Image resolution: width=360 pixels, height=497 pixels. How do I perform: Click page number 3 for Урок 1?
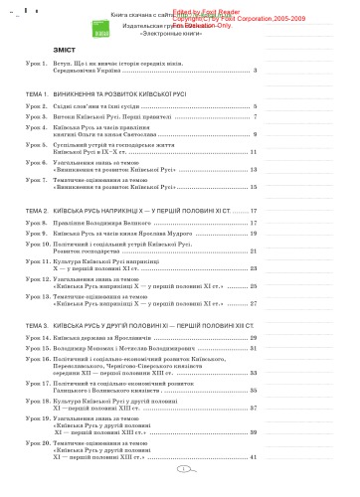point(256,71)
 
